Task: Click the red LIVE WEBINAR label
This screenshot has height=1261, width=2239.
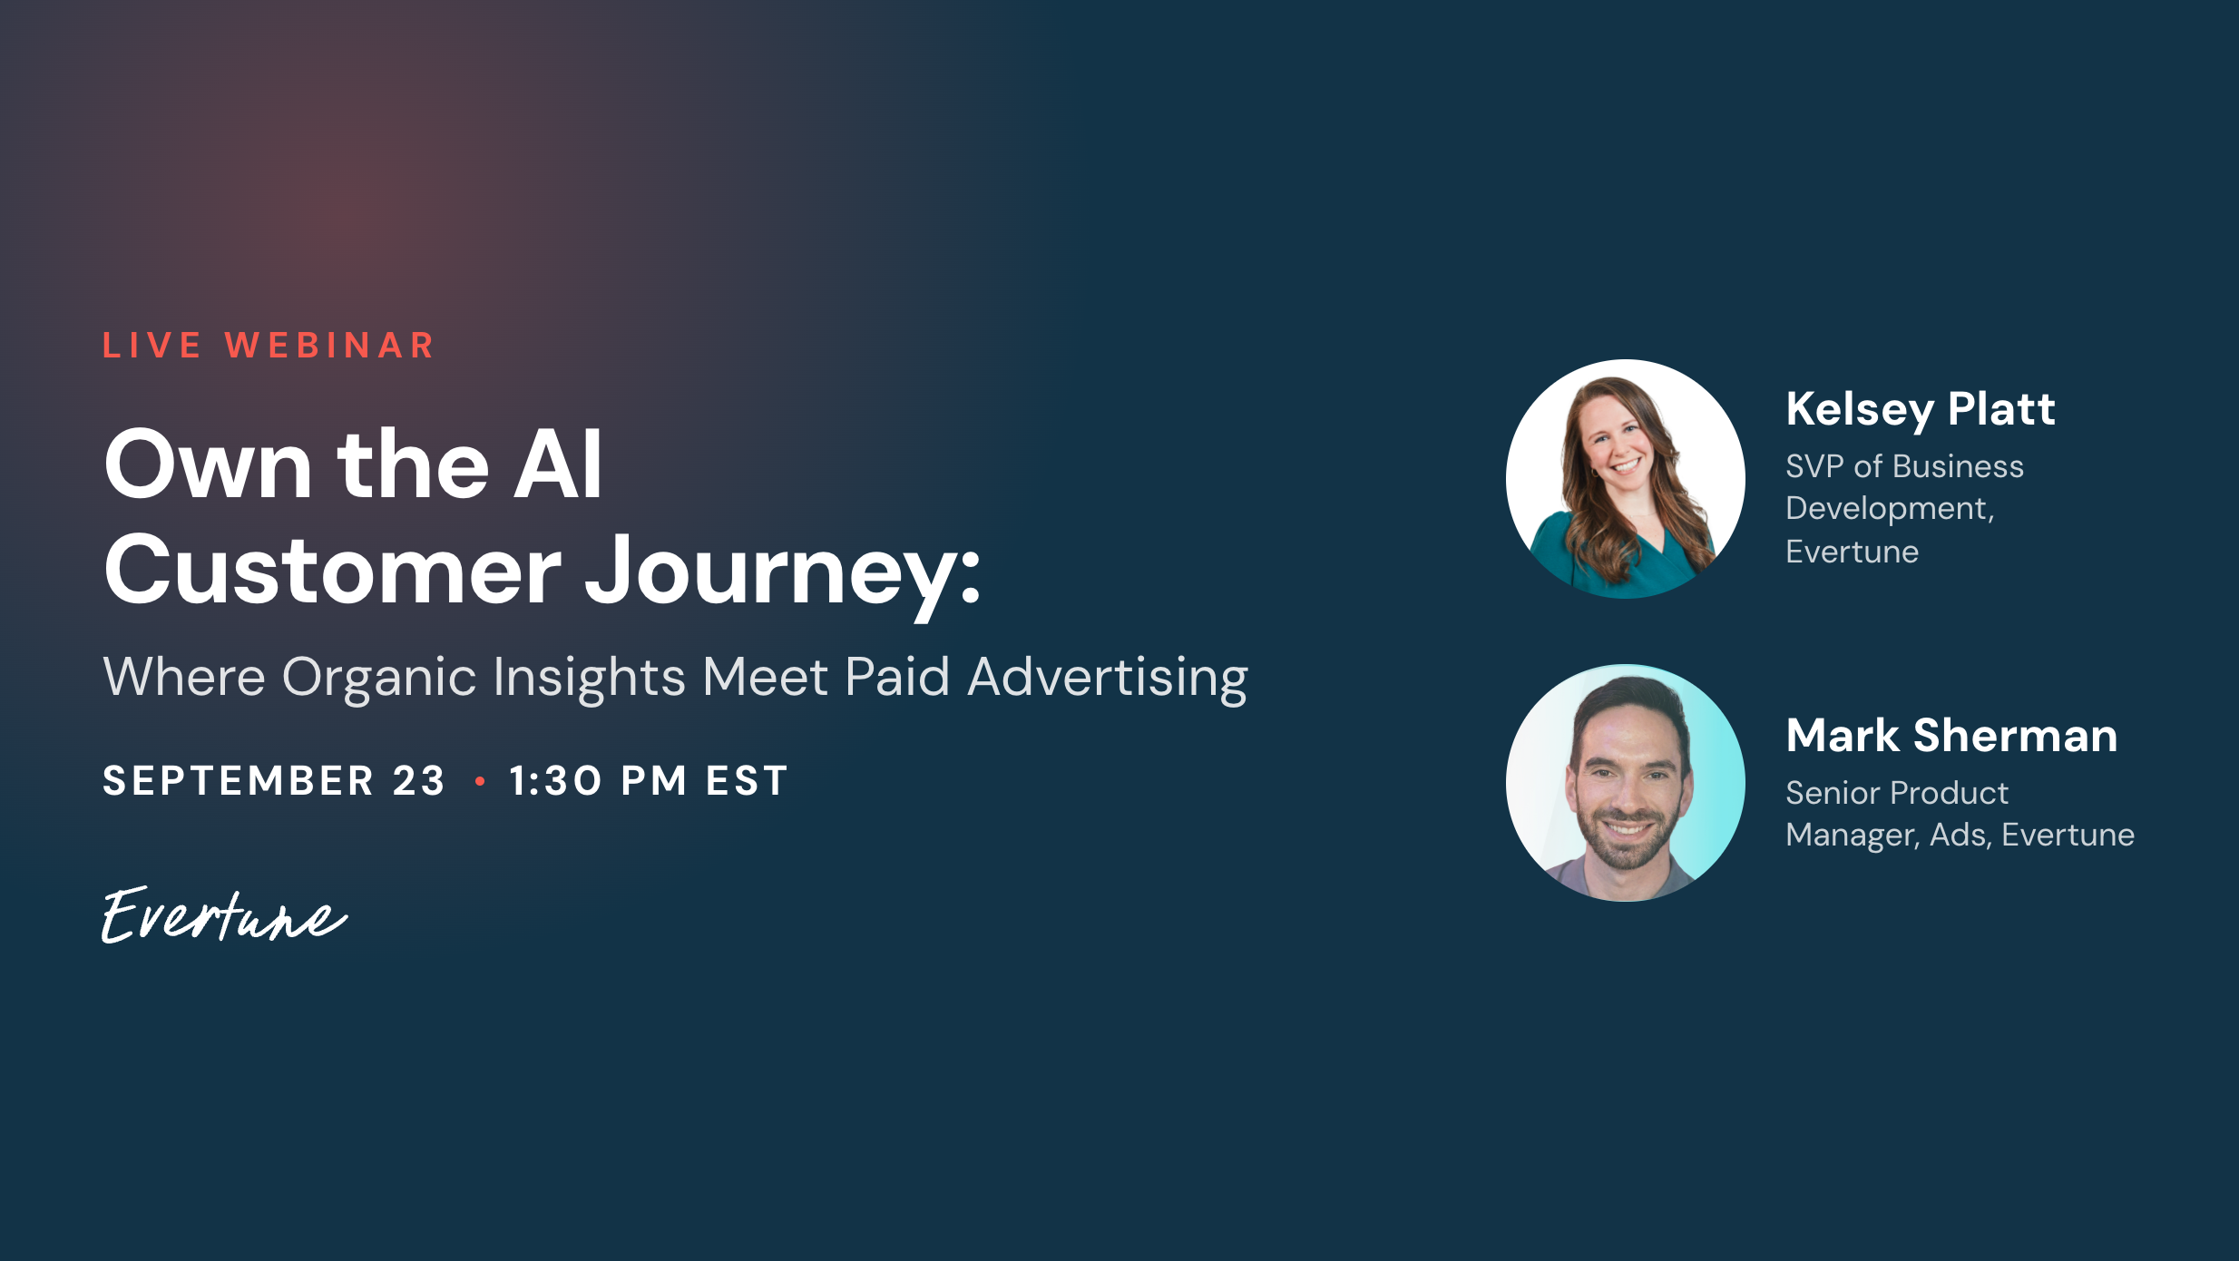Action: [269, 346]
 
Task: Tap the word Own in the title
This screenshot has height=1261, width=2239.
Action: [209, 464]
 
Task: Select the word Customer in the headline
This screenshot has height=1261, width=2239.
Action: [333, 571]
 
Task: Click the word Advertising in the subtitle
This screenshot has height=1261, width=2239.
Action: [1108, 679]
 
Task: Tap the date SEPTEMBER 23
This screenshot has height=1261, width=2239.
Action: [274, 781]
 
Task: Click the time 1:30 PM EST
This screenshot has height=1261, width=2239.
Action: [648, 781]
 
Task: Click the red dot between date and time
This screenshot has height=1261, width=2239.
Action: [480, 781]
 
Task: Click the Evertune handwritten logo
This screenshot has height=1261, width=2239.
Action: [224, 914]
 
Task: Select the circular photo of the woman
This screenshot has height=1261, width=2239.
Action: [1625, 479]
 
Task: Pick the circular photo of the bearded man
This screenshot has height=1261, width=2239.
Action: [1625, 783]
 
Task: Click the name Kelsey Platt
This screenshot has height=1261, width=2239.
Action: [1921, 409]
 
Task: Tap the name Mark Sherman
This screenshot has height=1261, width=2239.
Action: [1951, 736]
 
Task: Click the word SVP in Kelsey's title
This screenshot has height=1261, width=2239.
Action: [1814, 466]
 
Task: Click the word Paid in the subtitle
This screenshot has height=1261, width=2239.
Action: [897, 677]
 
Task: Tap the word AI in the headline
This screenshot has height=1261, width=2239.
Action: [558, 464]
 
